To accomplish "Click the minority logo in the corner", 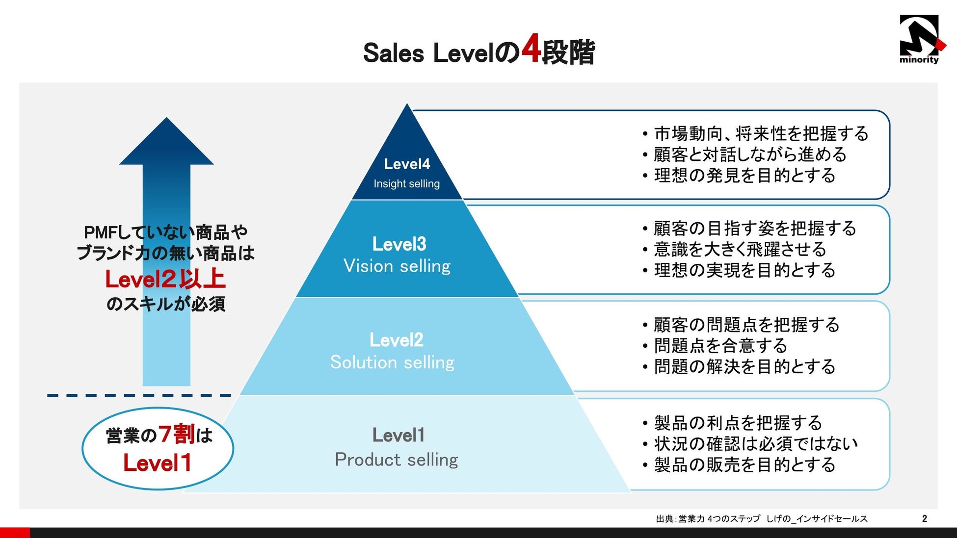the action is [x=919, y=39].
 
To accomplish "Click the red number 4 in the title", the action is [x=531, y=50].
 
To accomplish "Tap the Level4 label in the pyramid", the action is [x=407, y=164].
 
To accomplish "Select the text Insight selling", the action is [x=406, y=184].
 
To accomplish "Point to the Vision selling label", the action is [x=397, y=266].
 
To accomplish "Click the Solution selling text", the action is [x=392, y=362].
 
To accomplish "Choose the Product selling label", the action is [x=396, y=460].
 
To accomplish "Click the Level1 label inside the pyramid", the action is [x=398, y=435].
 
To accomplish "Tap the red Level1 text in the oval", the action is [x=157, y=463].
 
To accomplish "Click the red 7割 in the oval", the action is [x=177, y=434].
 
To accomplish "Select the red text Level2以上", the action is [x=165, y=280].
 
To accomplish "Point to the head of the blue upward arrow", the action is [x=166, y=142].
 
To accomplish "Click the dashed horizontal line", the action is [x=139, y=395].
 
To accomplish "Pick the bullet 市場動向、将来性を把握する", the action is [x=761, y=134].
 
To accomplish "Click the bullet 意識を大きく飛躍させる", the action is [x=740, y=250].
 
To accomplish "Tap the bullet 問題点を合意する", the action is [x=720, y=346].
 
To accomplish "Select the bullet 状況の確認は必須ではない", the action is [x=756, y=444].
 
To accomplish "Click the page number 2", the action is [x=925, y=519].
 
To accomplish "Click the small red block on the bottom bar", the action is [x=15, y=533].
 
